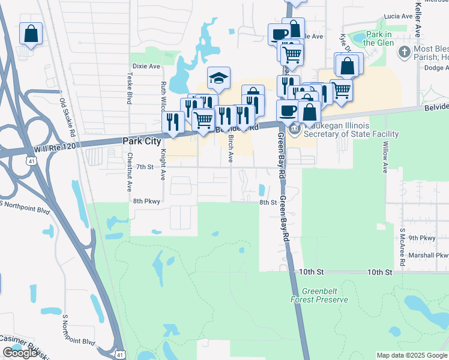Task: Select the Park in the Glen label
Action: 378,38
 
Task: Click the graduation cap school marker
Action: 218,78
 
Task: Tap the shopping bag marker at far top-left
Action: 31,34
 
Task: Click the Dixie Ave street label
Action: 146,65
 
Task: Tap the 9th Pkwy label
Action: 421,238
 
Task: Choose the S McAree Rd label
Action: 401,243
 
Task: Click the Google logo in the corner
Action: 20,353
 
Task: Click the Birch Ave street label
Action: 231,148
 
